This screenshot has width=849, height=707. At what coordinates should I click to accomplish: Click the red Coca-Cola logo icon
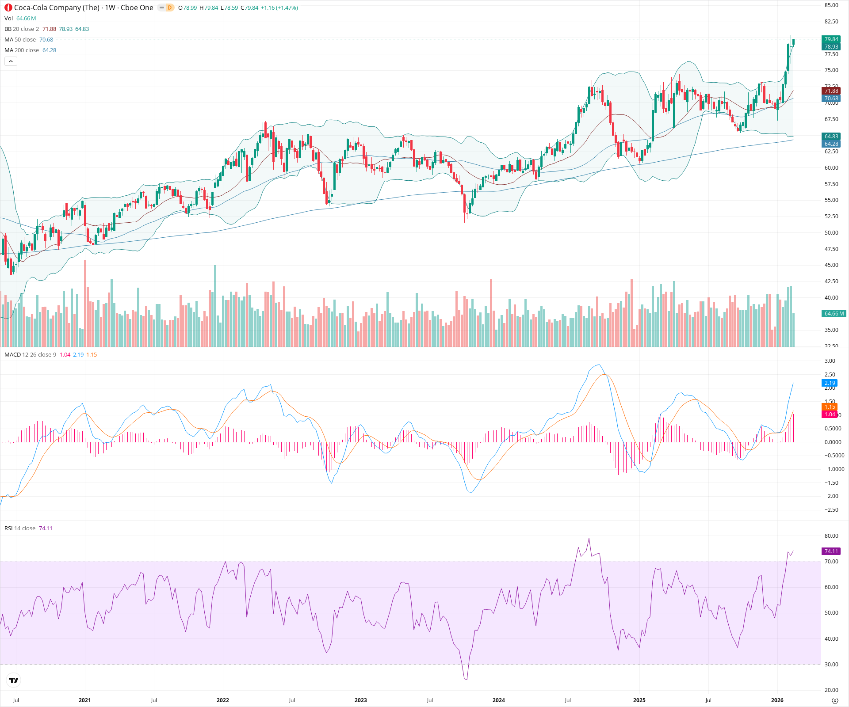tap(8, 8)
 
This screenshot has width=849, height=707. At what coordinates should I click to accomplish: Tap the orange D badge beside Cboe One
tap(169, 8)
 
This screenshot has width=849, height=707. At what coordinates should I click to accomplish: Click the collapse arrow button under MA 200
tap(11, 61)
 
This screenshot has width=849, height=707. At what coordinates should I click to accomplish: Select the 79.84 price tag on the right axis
tap(831, 39)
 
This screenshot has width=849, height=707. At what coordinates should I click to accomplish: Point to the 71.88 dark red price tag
tap(831, 91)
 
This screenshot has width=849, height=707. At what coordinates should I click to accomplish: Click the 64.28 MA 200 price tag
tap(831, 144)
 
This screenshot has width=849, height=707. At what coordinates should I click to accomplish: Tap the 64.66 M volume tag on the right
tap(834, 314)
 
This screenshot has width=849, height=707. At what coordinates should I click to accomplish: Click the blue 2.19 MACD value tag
tap(830, 383)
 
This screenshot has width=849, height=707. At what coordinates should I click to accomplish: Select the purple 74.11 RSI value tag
tap(831, 551)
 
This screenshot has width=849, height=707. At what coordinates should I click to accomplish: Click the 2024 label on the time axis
tap(498, 700)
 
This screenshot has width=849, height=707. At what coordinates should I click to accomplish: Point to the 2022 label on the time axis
tap(222, 700)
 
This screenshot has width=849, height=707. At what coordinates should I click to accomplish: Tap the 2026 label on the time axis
tap(777, 700)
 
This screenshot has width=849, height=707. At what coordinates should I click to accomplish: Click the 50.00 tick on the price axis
tap(831, 233)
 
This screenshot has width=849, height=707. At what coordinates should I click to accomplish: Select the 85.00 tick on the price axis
tap(831, 5)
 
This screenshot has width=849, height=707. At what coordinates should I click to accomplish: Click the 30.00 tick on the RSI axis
tap(831, 665)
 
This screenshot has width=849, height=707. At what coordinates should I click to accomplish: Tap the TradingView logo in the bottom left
tap(14, 680)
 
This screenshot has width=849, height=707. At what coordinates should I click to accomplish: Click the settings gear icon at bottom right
tap(835, 700)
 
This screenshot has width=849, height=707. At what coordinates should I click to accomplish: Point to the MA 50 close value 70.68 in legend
tap(46, 40)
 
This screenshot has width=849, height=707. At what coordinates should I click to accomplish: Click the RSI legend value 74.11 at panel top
tap(46, 528)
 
